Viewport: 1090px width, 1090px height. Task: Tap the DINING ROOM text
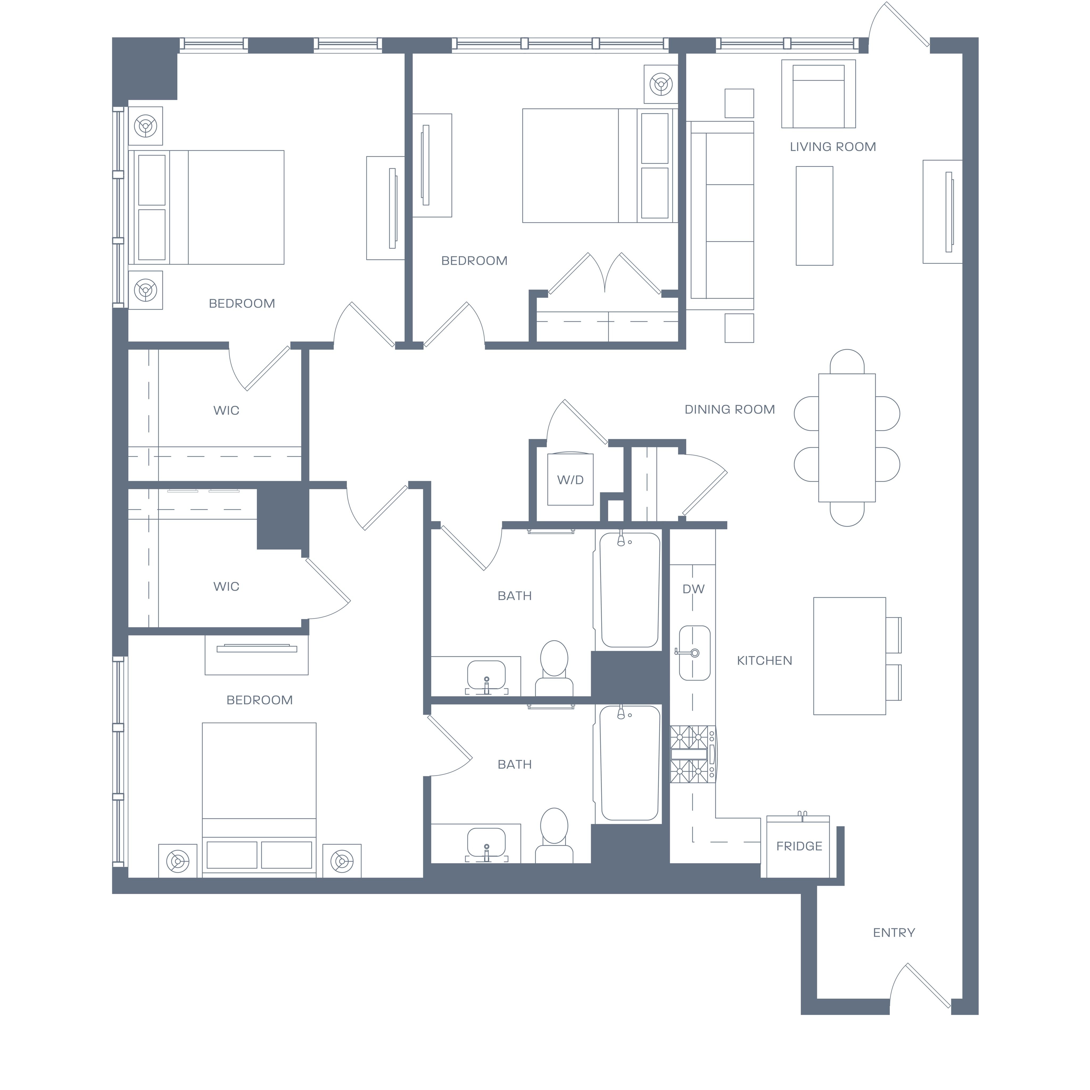pyautogui.click(x=729, y=410)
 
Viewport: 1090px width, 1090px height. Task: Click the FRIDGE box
pyautogui.click(x=798, y=846)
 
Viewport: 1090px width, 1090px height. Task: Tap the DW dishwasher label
pyautogui.click(x=693, y=589)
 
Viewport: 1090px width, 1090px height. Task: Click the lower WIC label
pyautogui.click(x=226, y=587)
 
